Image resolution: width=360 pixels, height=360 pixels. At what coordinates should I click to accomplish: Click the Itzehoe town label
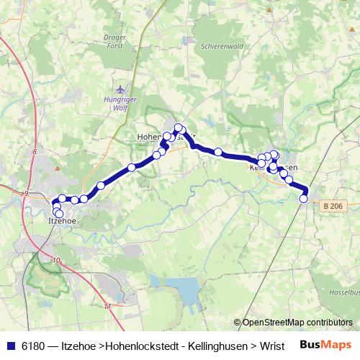62,222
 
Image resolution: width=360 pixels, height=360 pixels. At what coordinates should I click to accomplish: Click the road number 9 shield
25,193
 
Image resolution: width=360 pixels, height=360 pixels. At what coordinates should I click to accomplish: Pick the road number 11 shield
108,307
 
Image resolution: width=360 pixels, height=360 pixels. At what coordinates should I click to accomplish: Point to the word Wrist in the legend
271,346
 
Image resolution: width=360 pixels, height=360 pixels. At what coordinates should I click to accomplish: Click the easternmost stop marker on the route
304,199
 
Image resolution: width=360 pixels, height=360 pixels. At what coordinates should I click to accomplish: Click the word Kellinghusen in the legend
216,346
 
